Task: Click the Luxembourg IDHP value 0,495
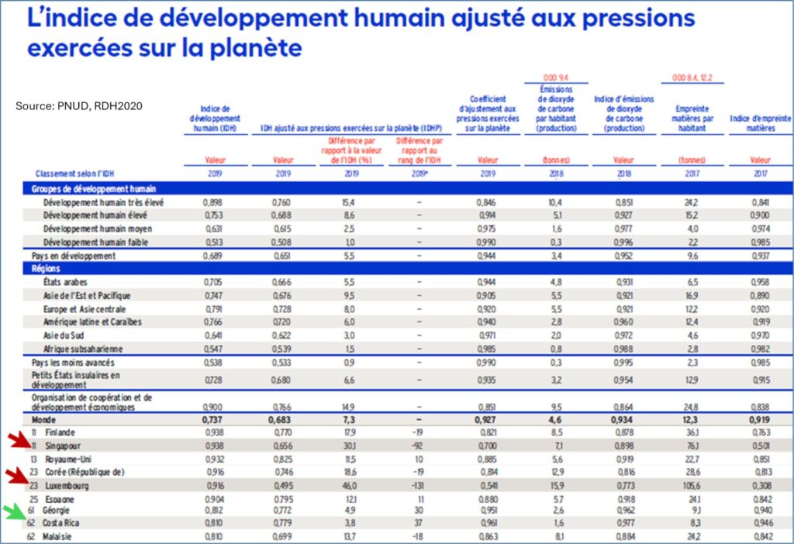283,485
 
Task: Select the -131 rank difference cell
418,485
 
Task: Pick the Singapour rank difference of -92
418,446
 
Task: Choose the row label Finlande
60,432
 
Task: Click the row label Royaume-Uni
67,459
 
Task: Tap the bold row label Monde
44,419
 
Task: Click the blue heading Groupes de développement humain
94,189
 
